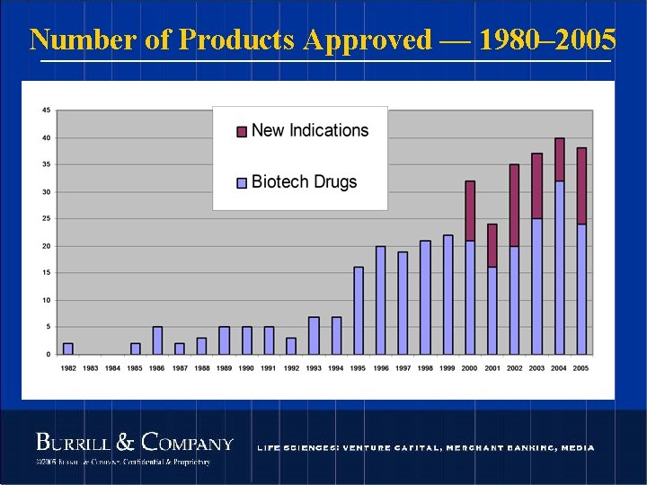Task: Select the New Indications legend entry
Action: coord(309,131)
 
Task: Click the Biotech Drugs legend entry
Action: coord(304,182)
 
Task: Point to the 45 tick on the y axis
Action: coord(46,110)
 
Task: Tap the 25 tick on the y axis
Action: coord(46,218)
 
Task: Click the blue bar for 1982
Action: coord(68,348)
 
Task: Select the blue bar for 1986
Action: coord(157,340)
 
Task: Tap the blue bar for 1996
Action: coord(381,300)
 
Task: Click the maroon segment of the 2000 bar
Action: coord(470,210)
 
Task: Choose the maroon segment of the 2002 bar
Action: coord(514,205)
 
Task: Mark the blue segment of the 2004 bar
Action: coord(559,268)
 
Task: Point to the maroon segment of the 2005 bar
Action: coord(581,186)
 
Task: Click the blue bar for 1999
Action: coord(448,295)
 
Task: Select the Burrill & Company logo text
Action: coord(134,443)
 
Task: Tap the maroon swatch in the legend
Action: coord(241,132)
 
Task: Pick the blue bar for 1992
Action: coord(291,346)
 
